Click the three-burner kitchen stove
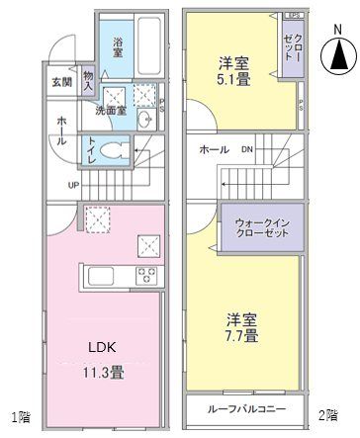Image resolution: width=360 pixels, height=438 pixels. point(148,274)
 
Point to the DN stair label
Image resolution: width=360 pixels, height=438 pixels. point(249,149)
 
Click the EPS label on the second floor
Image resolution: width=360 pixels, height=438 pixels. point(293,16)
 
